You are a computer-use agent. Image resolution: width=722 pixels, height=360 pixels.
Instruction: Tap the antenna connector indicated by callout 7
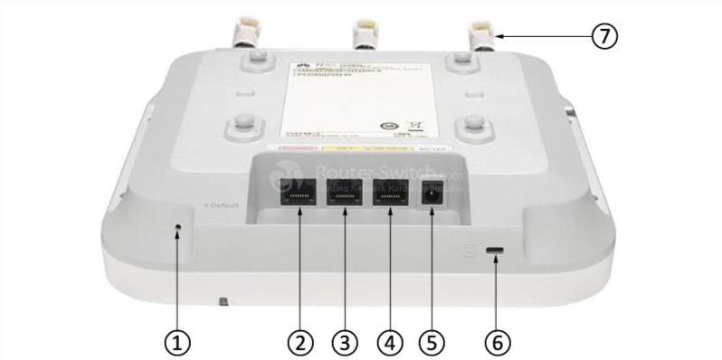(480, 34)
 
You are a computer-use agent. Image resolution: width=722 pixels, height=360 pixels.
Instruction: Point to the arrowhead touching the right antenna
(499, 36)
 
